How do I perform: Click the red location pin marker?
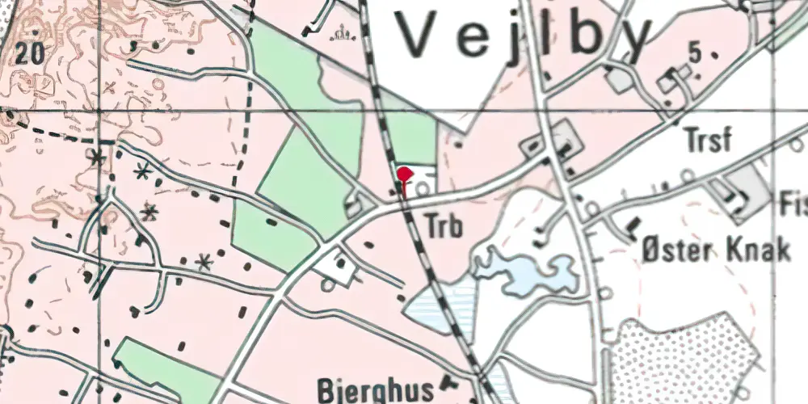[x=405, y=174]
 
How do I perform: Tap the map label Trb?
[x=444, y=228]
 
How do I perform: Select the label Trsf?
[x=707, y=140]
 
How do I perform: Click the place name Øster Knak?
[x=715, y=250]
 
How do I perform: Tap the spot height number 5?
[x=694, y=54]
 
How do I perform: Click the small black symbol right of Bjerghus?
[x=450, y=386]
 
